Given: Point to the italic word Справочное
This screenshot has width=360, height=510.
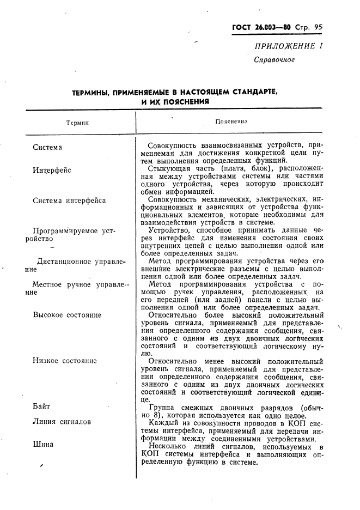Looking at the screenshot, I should point(274,60).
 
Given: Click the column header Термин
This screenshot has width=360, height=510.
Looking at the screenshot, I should point(77,123).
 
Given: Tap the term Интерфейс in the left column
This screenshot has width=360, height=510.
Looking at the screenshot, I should point(52,170).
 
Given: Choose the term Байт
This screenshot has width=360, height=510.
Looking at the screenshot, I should point(41,406).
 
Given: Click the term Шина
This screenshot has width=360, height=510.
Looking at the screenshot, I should point(43,444).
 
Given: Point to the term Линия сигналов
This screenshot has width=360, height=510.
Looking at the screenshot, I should point(62,422).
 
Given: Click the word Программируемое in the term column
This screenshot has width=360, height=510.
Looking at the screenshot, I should point(65,231).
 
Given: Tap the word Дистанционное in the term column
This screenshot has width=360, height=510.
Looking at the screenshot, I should point(64,262).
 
